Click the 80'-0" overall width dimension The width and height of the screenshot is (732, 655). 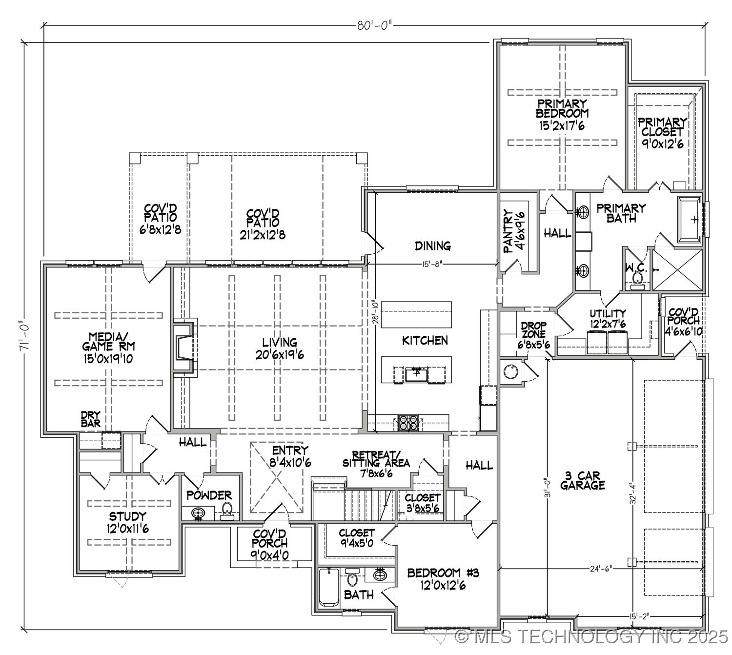[x=374, y=25]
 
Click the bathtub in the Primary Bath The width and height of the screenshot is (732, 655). [x=690, y=219]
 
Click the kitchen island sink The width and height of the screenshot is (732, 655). [x=416, y=375]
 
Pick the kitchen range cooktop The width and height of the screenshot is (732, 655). [x=407, y=423]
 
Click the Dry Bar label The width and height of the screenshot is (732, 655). [x=91, y=419]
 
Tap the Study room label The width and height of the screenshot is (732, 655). [x=127, y=522]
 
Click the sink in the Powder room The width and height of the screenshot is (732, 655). [x=198, y=514]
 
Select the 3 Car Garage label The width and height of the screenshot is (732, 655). [x=583, y=480]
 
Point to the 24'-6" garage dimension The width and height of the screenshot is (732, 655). [x=600, y=569]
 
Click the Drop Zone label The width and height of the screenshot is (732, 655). [x=533, y=335]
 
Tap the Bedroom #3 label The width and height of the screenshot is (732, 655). [x=443, y=578]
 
